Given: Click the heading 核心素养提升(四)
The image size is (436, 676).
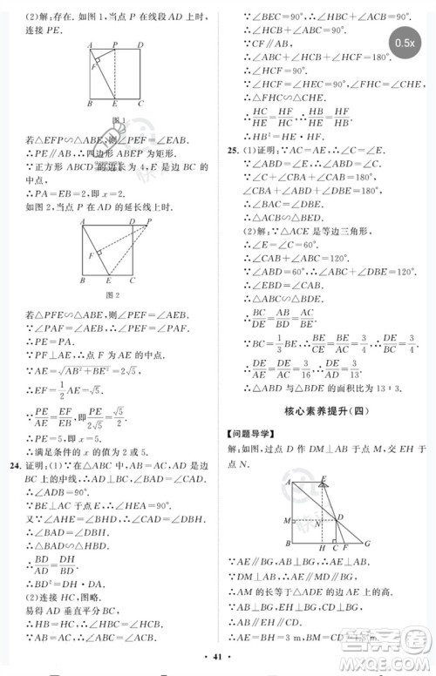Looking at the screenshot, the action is pos(324,407).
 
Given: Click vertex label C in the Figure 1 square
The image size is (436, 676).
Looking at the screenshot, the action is pos(141,104).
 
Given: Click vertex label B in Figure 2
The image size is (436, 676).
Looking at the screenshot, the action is pos(81,282).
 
